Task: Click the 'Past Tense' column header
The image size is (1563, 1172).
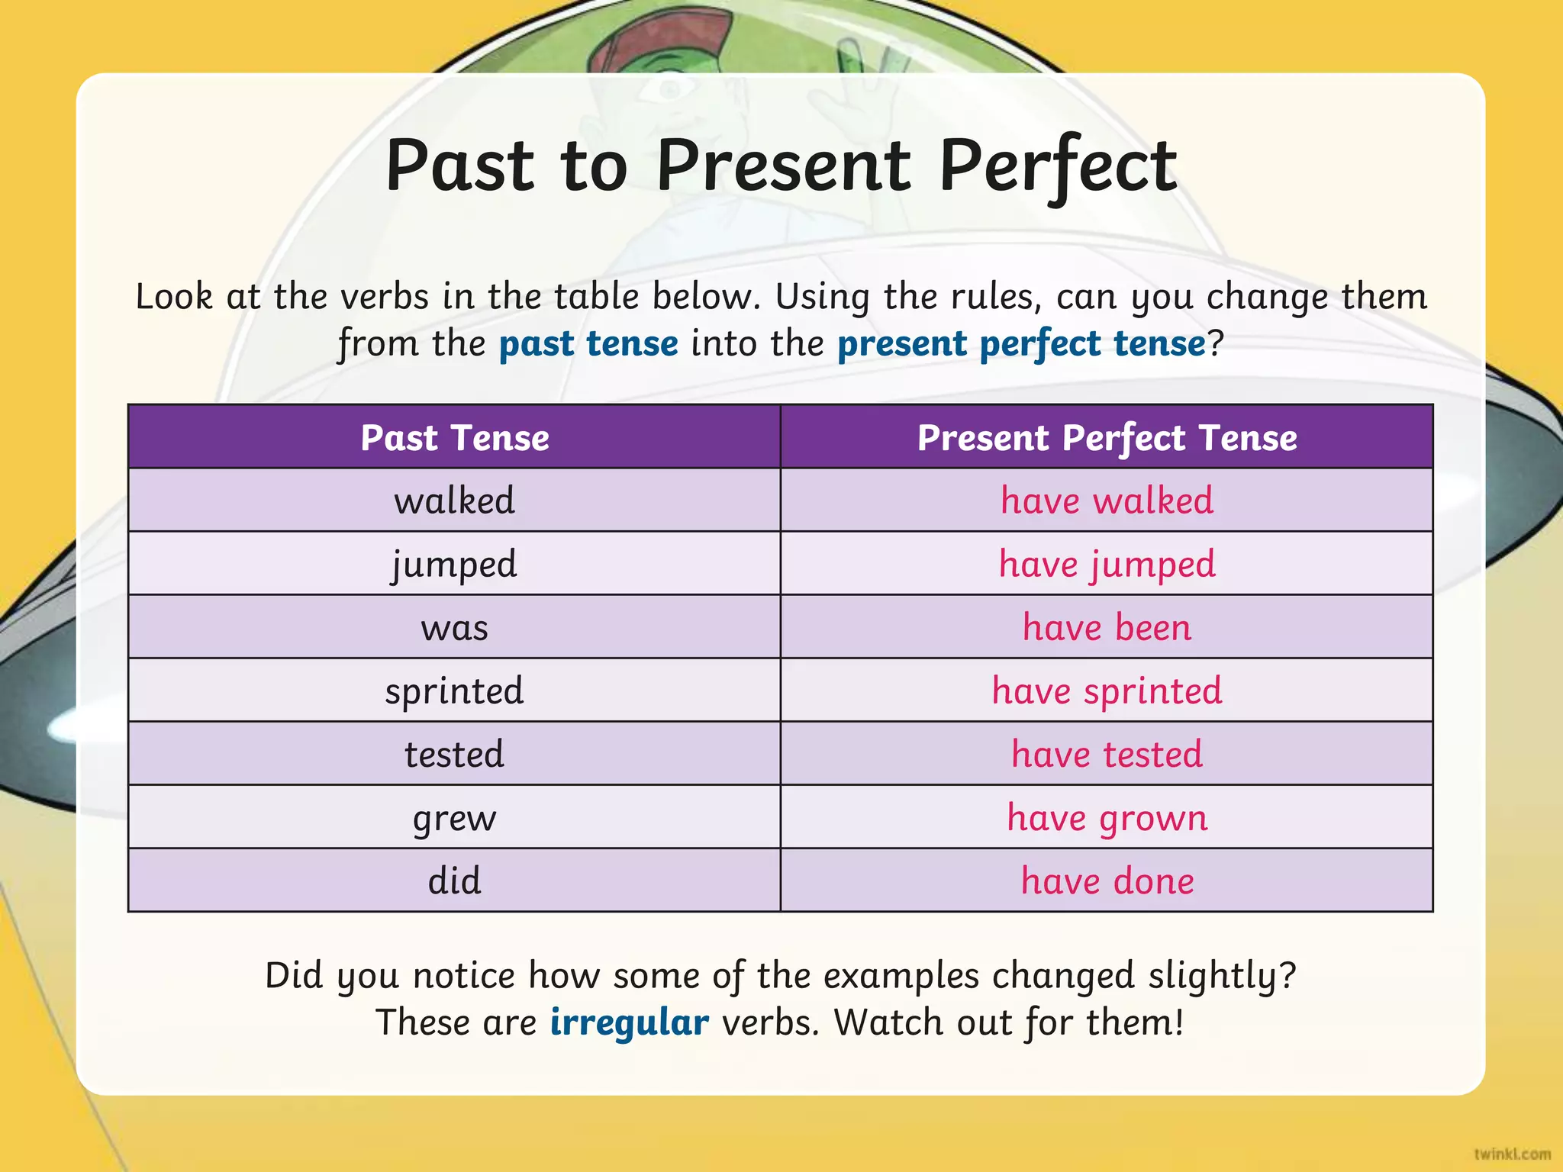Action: (x=455, y=438)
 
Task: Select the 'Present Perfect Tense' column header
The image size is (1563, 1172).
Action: (x=1107, y=438)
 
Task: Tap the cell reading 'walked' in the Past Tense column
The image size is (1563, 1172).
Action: (x=455, y=501)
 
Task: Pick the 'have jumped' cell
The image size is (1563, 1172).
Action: (x=1107, y=565)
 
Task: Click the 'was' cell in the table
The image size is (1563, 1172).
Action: (x=455, y=628)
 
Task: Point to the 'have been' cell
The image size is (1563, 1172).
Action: (x=1107, y=628)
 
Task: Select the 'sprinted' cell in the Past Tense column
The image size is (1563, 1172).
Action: (x=455, y=691)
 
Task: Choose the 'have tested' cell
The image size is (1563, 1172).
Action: (x=1107, y=755)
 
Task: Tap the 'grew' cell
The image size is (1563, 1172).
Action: (x=455, y=818)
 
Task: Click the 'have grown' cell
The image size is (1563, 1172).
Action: (x=1107, y=818)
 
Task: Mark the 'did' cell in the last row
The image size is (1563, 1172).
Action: (x=455, y=881)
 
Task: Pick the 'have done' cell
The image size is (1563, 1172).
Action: (x=1107, y=881)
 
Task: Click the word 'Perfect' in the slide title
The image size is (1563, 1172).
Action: (x=1058, y=166)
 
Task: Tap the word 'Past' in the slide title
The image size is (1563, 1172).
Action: (x=459, y=166)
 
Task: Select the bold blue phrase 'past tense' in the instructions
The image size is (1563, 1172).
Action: (x=588, y=343)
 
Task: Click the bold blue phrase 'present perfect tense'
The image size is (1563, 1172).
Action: (x=1021, y=343)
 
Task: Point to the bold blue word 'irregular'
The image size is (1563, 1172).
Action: (x=629, y=1022)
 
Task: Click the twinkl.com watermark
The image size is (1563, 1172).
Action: (x=1512, y=1154)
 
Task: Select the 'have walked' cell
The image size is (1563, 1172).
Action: (x=1107, y=501)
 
